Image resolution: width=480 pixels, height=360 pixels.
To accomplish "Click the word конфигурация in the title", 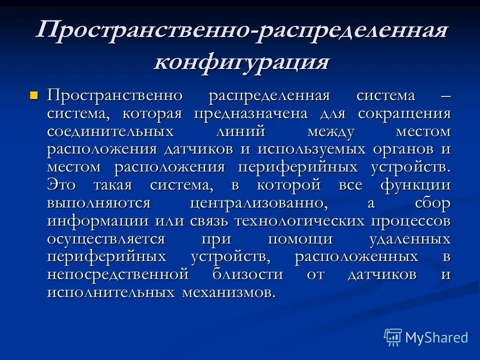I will point(242,62).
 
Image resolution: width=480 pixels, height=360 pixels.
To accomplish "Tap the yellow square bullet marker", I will point(34,94).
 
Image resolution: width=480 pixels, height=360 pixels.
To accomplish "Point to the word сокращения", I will point(404,113).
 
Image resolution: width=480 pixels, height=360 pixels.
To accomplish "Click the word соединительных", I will point(110,131).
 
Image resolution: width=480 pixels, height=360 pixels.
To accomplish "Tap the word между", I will point(331,131).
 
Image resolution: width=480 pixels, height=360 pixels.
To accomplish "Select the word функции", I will point(415,185).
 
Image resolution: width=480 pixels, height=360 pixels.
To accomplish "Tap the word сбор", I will point(432,203).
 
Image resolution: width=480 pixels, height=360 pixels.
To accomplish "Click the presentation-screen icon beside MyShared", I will point(393,337).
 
